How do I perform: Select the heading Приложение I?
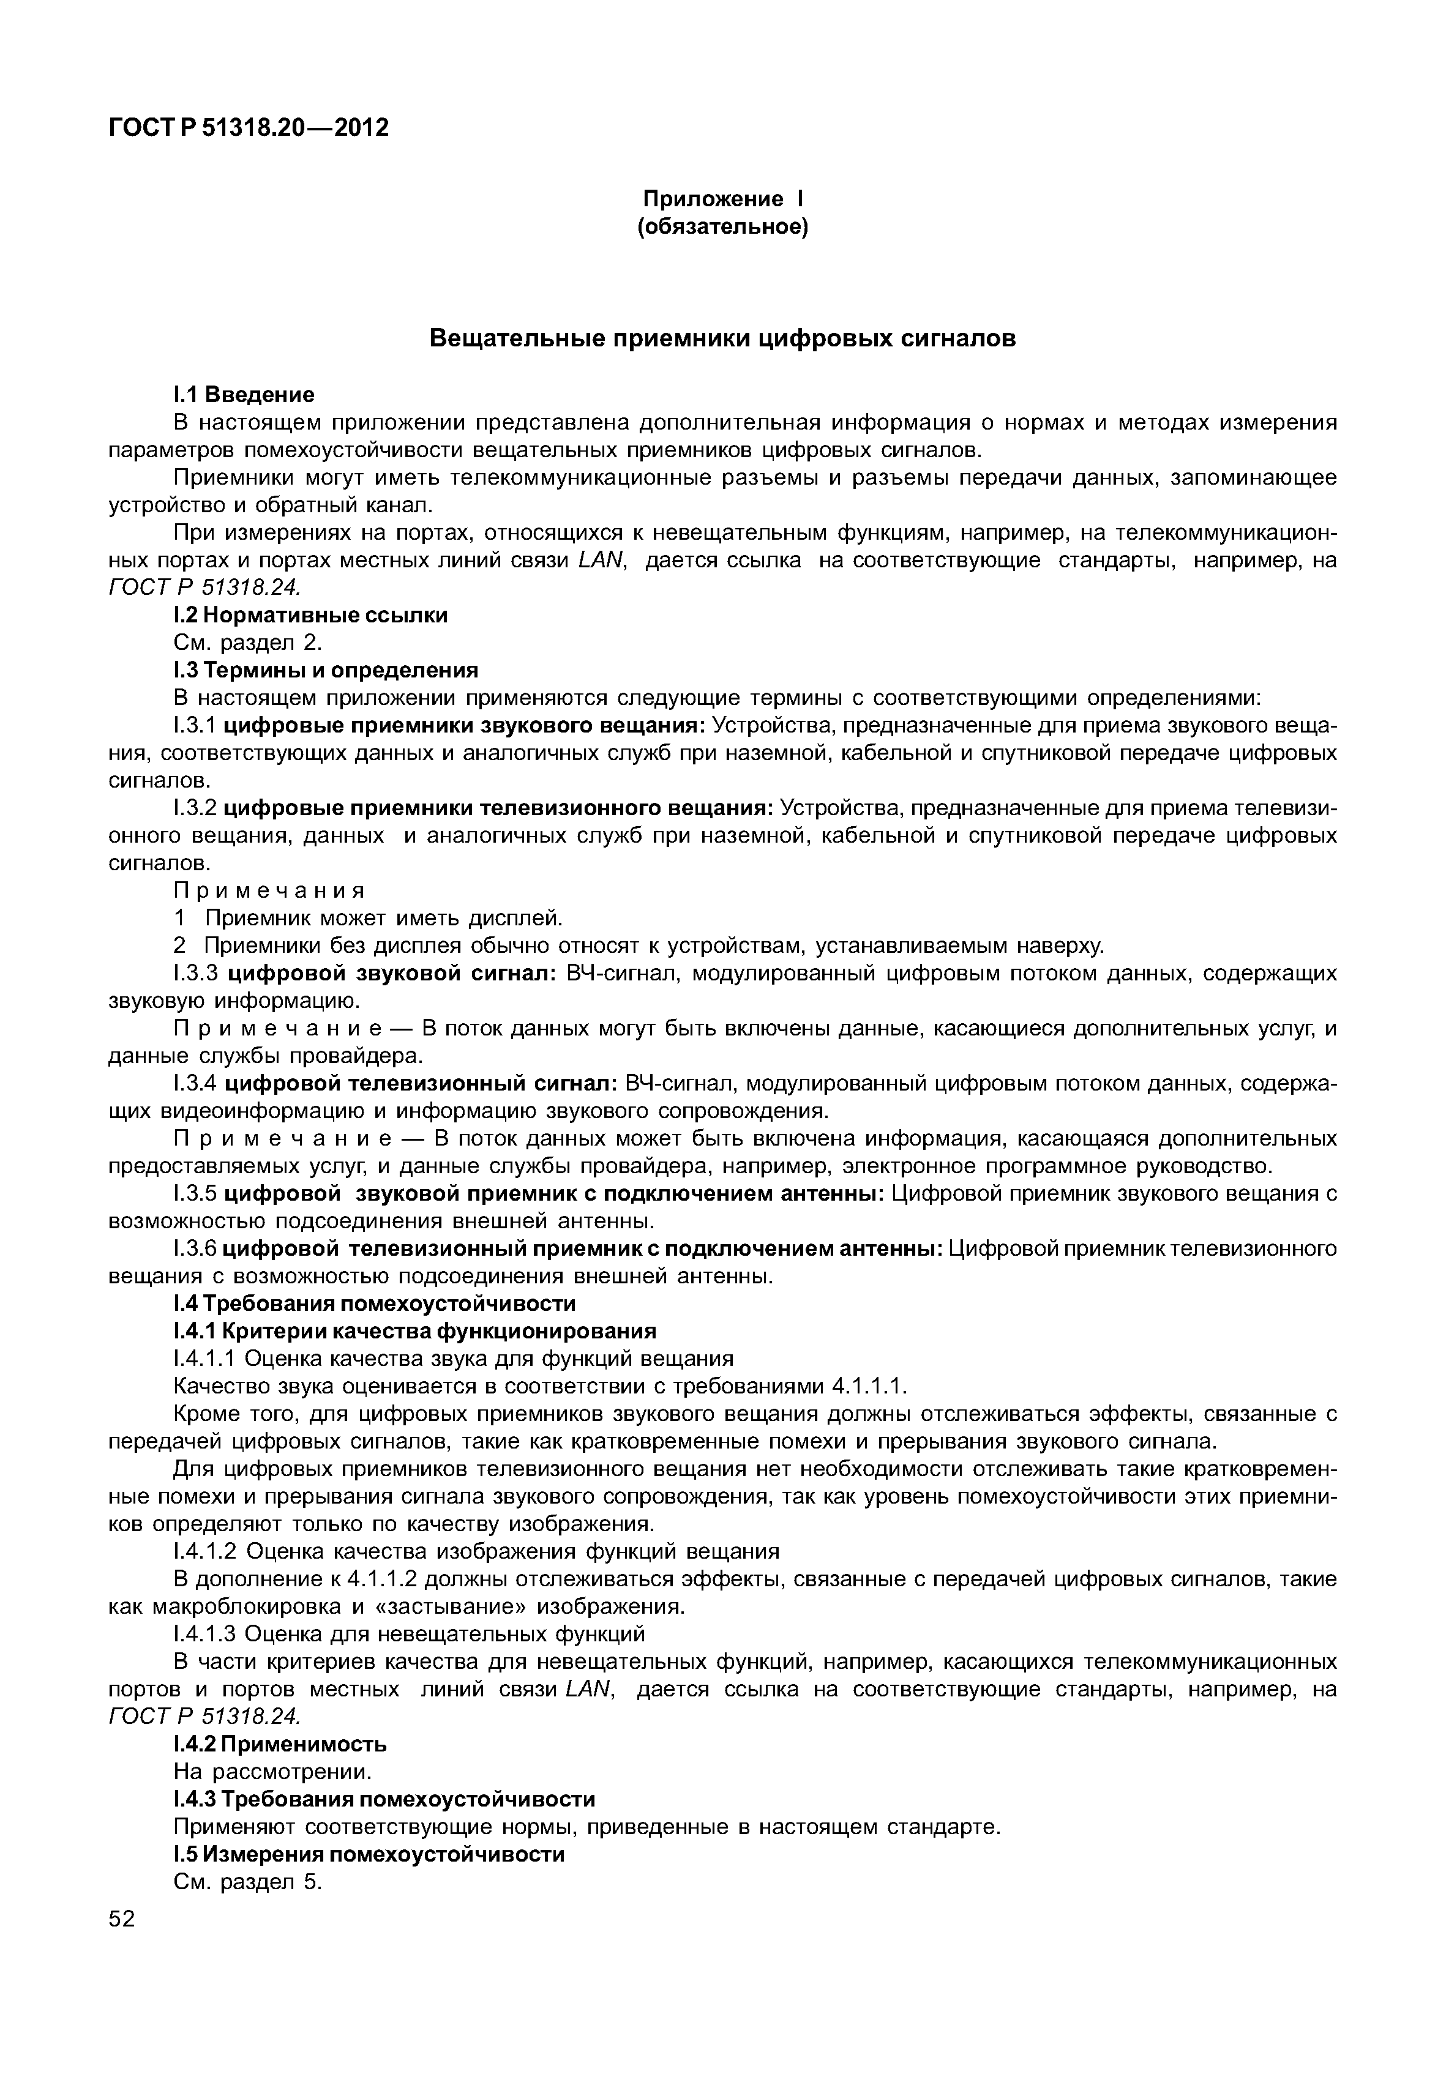point(722,198)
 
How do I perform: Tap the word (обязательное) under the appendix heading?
point(722,226)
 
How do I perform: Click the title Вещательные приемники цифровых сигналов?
point(722,339)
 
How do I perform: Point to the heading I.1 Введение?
point(244,394)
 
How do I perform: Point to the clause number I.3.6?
point(194,1250)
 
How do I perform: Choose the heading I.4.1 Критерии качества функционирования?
point(414,1332)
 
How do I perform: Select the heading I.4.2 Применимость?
point(280,1745)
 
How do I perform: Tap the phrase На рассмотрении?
point(272,1773)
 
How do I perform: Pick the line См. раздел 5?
point(247,1882)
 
